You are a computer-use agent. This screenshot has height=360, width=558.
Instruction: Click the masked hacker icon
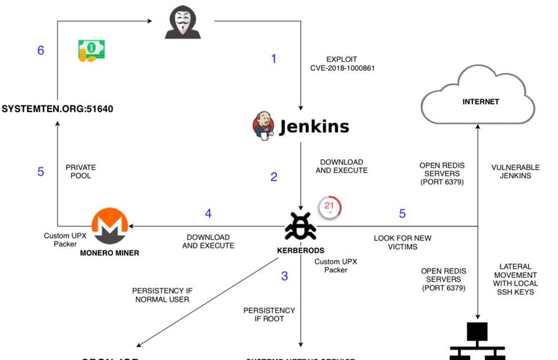point(182,23)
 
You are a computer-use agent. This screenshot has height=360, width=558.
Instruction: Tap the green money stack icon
point(91,50)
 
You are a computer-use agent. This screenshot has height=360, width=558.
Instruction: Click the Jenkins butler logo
point(263,126)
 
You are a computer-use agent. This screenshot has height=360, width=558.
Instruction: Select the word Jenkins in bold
point(314,127)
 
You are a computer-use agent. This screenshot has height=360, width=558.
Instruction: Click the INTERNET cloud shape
point(478,98)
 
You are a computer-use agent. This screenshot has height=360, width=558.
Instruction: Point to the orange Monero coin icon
point(110,226)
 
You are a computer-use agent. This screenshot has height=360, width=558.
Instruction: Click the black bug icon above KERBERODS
point(300,227)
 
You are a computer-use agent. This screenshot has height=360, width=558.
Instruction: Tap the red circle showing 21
point(329,207)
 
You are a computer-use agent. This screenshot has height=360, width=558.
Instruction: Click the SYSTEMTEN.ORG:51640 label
point(58,109)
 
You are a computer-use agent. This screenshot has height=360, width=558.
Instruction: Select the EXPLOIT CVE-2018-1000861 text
point(342,64)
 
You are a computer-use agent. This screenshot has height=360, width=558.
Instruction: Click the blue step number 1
point(273,59)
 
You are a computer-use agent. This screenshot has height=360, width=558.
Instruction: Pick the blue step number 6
point(40,50)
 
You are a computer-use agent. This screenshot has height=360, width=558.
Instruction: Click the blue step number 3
point(285,276)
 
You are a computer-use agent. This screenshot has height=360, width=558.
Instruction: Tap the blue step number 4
point(208,214)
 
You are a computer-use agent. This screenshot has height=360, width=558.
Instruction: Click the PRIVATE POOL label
point(81,171)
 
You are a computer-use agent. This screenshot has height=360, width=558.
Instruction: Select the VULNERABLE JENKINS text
point(515,171)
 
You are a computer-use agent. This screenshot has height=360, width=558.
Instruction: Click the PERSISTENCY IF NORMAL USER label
point(162,295)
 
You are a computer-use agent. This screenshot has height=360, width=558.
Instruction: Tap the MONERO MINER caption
point(110,253)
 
